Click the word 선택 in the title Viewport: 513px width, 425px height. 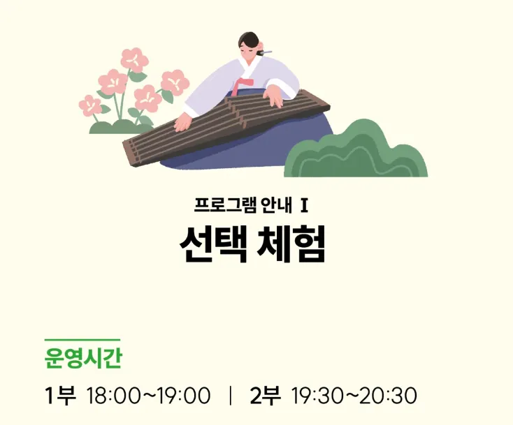tap(213, 244)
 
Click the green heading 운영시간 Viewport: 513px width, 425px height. tap(82, 359)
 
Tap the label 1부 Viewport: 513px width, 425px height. tap(60, 395)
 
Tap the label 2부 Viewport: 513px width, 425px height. tap(265, 395)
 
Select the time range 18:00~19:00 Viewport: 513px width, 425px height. tap(148, 396)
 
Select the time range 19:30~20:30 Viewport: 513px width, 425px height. tap(354, 396)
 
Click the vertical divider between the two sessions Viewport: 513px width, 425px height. tap(230, 396)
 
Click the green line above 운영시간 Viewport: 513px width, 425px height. tap(82, 340)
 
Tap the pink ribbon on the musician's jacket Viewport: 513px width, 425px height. tap(240, 86)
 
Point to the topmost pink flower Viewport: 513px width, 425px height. tap(133, 59)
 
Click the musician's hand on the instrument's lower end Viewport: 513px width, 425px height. tap(182, 123)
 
